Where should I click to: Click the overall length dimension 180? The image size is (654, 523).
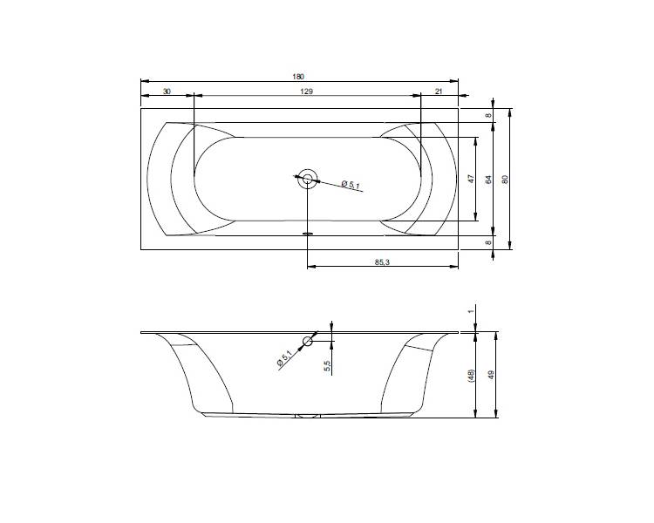click(x=298, y=77)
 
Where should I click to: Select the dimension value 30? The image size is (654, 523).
click(x=167, y=92)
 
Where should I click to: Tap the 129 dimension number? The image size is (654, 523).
click(x=307, y=92)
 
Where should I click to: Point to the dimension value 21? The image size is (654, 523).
click(x=439, y=92)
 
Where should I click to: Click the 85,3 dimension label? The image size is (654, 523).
click(x=382, y=262)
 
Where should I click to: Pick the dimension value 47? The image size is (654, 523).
click(x=471, y=179)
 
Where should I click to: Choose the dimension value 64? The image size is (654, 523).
click(x=489, y=180)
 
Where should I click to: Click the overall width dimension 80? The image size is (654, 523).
click(x=505, y=180)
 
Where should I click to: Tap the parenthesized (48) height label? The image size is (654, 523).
click(x=471, y=376)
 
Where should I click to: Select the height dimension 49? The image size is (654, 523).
click(x=491, y=375)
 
